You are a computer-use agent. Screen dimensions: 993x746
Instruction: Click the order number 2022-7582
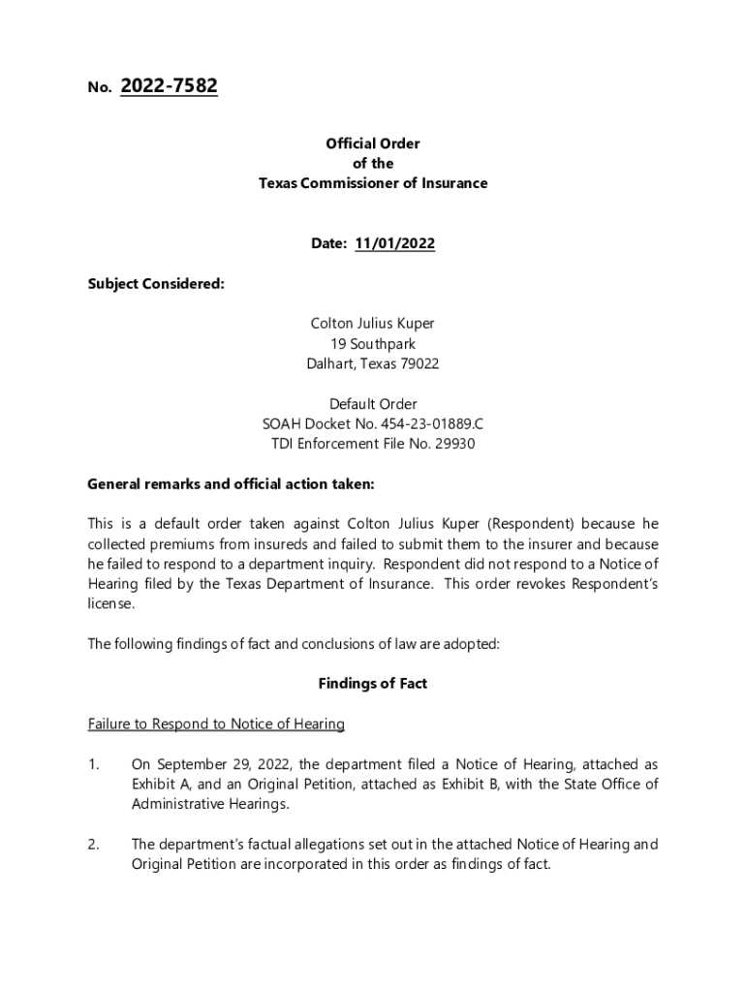click(169, 87)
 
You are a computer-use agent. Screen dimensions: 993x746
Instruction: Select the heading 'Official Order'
click(373, 144)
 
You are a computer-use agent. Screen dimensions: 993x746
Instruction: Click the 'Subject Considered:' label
click(156, 283)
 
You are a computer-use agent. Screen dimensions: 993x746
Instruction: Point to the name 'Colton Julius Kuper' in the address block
click(373, 323)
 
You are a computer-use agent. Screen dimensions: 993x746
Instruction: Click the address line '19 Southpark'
click(373, 343)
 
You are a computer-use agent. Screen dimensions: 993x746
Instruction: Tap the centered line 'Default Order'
click(373, 403)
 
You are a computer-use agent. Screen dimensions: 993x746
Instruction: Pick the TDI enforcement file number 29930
click(455, 444)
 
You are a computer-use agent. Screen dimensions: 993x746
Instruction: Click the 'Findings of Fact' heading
click(373, 684)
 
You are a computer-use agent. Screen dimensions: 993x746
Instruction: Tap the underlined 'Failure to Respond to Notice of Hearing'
click(216, 723)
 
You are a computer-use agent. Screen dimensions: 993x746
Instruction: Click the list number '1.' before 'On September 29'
click(94, 764)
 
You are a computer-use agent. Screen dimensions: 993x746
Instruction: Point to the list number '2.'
click(94, 844)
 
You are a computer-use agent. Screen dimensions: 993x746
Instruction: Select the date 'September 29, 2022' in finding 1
click(214, 764)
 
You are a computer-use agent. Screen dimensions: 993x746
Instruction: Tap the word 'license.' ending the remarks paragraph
click(111, 603)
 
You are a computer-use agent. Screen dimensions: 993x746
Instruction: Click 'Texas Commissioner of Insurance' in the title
click(373, 183)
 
